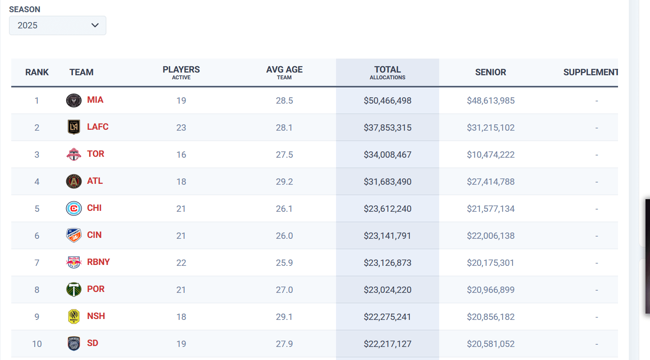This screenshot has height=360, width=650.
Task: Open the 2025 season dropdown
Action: click(x=58, y=26)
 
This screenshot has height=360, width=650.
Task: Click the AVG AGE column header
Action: click(x=284, y=73)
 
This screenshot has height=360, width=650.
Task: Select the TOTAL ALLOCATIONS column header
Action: click(x=387, y=73)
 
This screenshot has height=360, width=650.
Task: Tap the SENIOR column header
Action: click(x=491, y=72)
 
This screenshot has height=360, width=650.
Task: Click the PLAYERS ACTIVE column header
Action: click(x=181, y=73)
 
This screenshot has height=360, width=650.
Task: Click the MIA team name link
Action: click(x=95, y=100)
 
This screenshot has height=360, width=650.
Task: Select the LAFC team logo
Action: click(x=74, y=127)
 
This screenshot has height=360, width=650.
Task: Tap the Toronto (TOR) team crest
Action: click(x=74, y=154)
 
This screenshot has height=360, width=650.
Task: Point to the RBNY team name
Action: click(x=98, y=262)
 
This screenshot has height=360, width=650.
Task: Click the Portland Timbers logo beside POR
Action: click(x=74, y=289)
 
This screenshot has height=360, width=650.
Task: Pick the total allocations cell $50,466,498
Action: click(x=387, y=101)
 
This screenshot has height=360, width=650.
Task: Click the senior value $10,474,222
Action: click(x=491, y=155)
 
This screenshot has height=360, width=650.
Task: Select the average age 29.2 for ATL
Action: click(x=284, y=182)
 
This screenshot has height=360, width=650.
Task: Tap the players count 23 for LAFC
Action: click(x=181, y=128)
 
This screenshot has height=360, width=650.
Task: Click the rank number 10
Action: click(x=37, y=344)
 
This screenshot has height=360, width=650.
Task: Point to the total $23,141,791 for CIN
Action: click(x=387, y=236)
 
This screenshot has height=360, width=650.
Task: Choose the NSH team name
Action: click(x=96, y=316)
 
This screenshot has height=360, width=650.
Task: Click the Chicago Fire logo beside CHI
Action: click(x=74, y=209)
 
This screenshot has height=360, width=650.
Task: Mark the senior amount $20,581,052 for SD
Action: click(x=491, y=344)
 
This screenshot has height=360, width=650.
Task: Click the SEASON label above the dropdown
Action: click(x=25, y=9)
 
